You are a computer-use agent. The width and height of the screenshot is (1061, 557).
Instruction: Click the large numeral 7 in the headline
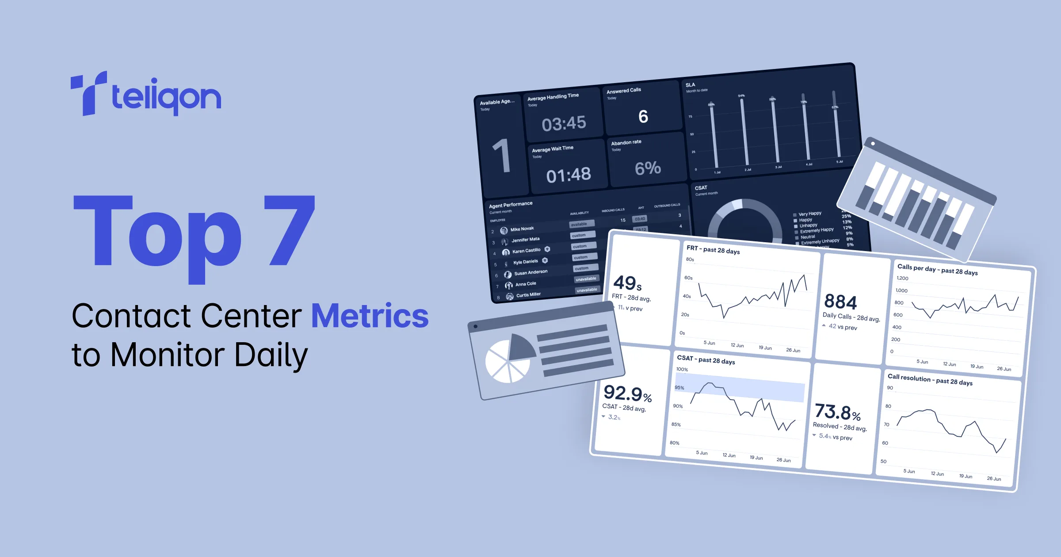[290, 230]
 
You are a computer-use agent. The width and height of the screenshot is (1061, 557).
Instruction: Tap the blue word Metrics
[370, 316]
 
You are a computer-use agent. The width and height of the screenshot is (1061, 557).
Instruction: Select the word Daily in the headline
[271, 356]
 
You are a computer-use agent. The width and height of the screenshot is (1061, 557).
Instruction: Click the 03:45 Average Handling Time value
[564, 123]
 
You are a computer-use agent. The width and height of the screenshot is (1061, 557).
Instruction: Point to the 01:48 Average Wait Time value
[569, 175]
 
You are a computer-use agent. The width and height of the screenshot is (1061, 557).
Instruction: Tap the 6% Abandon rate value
[648, 168]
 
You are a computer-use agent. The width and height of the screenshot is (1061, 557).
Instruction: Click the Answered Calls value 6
[643, 117]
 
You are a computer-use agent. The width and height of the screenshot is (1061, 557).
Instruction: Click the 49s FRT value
[627, 283]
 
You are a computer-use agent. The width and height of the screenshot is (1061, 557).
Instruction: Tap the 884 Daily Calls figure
[840, 302]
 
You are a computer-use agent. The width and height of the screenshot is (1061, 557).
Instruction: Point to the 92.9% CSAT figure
[627, 393]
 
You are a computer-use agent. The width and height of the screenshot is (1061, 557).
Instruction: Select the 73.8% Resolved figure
[837, 412]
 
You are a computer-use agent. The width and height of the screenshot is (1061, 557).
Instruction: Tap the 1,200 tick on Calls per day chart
[902, 278]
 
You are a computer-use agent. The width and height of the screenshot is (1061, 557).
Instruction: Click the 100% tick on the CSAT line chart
[682, 369]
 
